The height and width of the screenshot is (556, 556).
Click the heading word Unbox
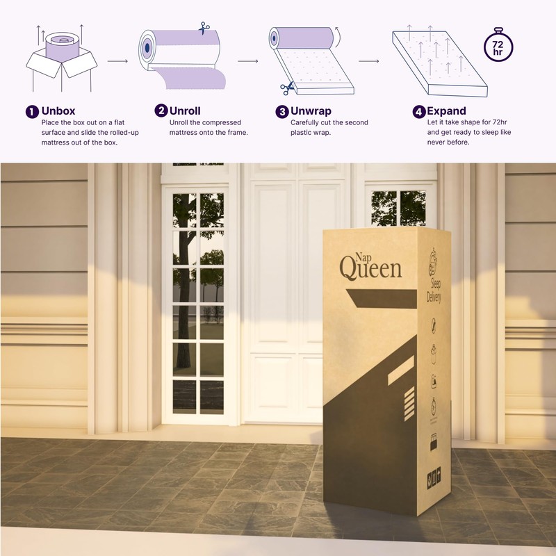[58, 111]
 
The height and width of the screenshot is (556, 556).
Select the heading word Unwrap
[312, 111]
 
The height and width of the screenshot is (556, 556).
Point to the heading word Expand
[446, 111]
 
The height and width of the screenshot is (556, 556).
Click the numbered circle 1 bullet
[31, 111]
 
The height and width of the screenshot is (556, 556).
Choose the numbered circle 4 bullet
[418, 111]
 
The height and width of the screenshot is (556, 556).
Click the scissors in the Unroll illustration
[204, 28]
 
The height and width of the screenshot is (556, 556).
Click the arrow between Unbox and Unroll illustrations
[118, 61]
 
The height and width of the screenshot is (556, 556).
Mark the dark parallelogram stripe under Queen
[379, 297]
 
